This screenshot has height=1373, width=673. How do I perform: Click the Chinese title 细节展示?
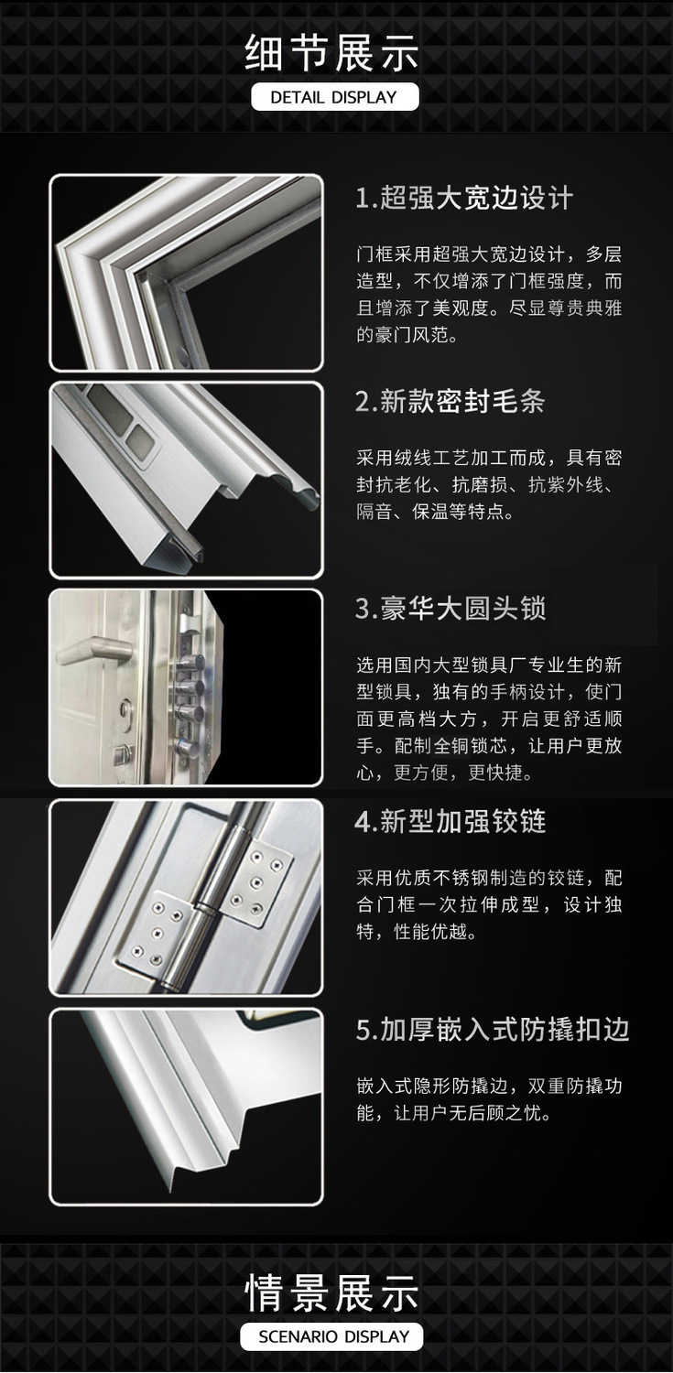[x=335, y=52]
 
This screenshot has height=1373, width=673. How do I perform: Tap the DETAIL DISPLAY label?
[x=335, y=97]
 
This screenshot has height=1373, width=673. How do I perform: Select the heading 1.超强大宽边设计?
[x=464, y=198]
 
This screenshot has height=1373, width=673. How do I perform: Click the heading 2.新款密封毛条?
[x=450, y=401]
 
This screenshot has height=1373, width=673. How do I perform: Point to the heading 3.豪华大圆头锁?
[x=450, y=609]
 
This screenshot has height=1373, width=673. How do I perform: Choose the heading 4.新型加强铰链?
[x=450, y=821]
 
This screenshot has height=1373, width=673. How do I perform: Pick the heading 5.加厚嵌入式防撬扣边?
[x=493, y=1030]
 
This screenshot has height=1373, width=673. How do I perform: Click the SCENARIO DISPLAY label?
[x=335, y=1336]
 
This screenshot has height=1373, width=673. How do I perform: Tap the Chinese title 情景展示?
[x=335, y=1292]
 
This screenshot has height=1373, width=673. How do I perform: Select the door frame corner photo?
[x=186, y=272]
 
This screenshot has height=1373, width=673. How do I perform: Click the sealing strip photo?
[x=186, y=480]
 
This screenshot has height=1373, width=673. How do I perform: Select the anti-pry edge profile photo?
[x=186, y=1106]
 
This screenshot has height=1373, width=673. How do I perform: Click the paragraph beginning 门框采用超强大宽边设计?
[x=489, y=294]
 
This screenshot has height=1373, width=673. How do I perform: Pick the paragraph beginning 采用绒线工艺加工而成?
[x=489, y=484]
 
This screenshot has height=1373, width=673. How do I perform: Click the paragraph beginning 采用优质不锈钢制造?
[x=489, y=905]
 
